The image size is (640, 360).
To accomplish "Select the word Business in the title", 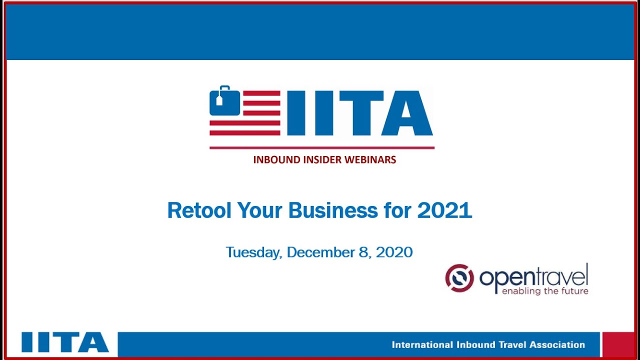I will (x=333, y=210).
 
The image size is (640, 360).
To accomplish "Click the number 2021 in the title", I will (x=444, y=210).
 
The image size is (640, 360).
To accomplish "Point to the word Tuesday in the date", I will (x=253, y=252).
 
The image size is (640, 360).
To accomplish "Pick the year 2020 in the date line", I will (x=394, y=252).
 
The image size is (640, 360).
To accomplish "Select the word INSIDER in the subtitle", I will (x=322, y=160).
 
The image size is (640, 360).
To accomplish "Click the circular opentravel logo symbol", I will (x=459, y=278).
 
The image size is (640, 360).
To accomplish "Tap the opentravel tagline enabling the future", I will (x=544, y=291).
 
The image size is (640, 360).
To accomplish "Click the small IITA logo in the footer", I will (x=65, y=342).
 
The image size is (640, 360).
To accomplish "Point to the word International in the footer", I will (x=422, y=344).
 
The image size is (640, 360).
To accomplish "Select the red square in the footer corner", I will (x=618, y=344).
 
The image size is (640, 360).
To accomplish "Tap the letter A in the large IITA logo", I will (x=406, y=113).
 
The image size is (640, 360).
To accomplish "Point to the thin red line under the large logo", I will (x=321, y=148).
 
